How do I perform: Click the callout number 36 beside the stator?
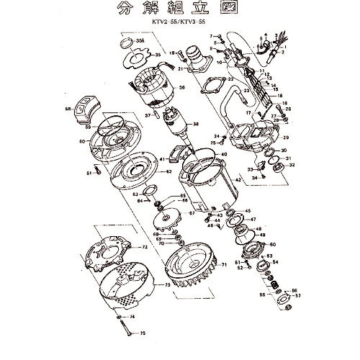pos(182,88)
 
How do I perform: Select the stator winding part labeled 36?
pos(150,82)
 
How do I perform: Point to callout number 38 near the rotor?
pos(194,125)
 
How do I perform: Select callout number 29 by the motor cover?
pos(286,137)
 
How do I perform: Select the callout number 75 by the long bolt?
pos(143,333)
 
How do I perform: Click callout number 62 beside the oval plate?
pos(168,172)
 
